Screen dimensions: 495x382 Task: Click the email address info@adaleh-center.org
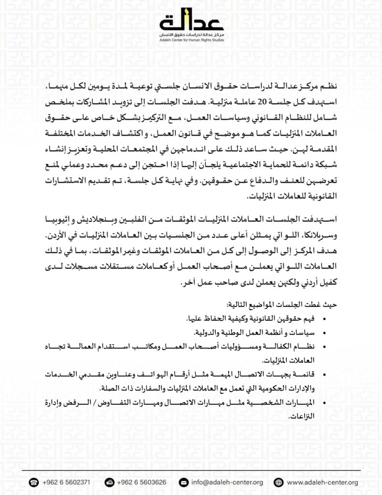coord(226,482)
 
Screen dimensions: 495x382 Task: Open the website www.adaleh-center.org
coord(322,482)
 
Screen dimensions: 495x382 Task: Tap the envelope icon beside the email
coord(184,482)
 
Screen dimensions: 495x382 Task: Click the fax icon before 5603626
coord(109,482)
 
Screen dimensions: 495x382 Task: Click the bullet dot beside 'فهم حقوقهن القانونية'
coord(323,320)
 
